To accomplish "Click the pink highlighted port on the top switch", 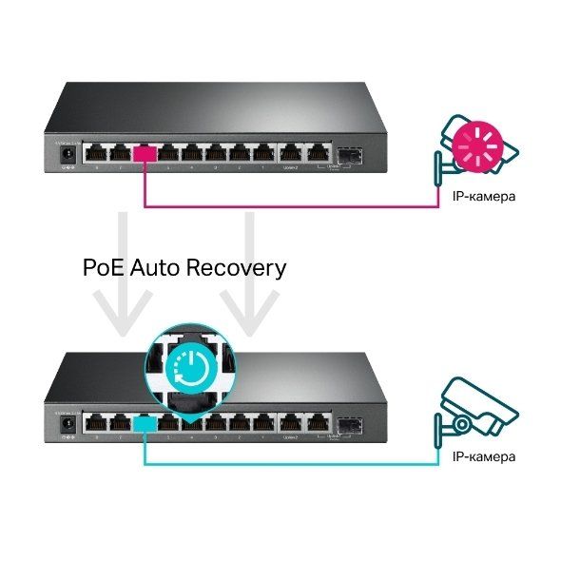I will [145, 152].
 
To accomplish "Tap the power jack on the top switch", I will [68, 152].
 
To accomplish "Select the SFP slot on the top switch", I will [348, 153].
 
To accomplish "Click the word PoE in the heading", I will [106, 268].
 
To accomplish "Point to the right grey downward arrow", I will [249, 285].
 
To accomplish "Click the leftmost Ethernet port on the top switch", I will [94, 152].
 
